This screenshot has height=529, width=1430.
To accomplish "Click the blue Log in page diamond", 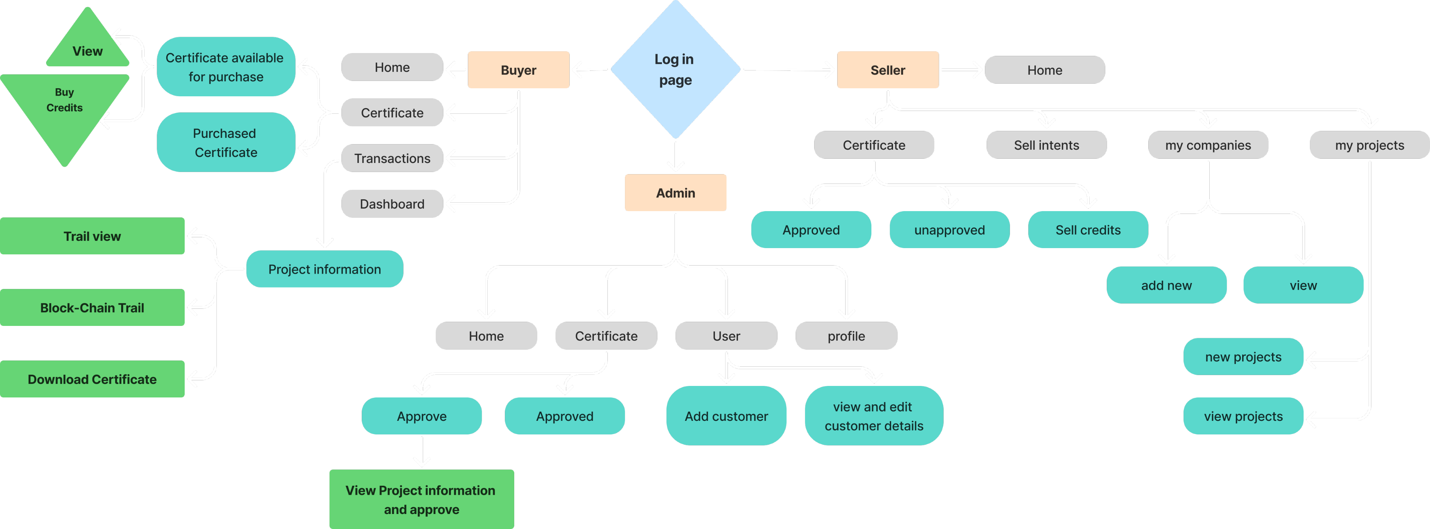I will (x=675, y=69).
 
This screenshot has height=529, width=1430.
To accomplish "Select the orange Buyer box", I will (x=518, y=70).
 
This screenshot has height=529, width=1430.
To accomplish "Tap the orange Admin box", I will (x=675, y=193).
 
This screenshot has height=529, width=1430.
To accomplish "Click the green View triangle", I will (x=88, y=47).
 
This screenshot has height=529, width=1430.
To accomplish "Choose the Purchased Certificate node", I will (x=226, y=143).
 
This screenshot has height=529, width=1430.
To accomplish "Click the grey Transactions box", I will (x=392, y=158).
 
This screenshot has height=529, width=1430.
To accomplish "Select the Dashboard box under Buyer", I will (x=392, y=204).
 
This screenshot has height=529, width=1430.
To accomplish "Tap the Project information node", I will (x=324, y=269).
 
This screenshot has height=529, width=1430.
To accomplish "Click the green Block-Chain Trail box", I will (x=92, y=307).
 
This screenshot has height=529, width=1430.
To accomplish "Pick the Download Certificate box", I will (x=92, y=379).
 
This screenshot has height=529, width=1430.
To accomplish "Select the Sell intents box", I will (x=1046, y=145).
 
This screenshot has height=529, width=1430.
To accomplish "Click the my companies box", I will (x=1208, y=145).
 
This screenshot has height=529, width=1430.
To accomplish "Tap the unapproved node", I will (x=949, y=230).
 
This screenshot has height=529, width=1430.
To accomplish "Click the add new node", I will (x=1166, y=285).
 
